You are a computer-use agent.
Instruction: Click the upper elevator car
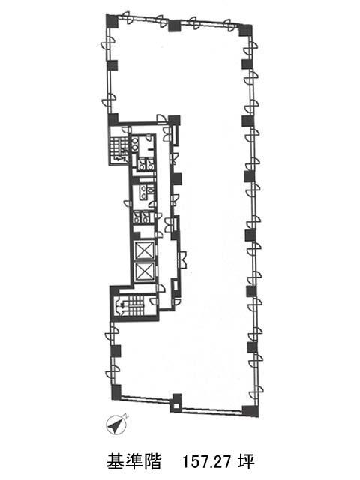click(x=145, y=250)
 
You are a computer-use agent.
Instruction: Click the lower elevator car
click(x=145, y=271)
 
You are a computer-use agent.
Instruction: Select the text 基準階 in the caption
click(x=133, y=462)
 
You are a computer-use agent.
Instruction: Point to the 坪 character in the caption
click(x=246, y=462)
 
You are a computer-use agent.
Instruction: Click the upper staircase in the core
click(x=118, y=149)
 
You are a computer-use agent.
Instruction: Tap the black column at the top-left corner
click(x=112, y=22)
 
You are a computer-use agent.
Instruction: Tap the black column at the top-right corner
click(x=245, y=30)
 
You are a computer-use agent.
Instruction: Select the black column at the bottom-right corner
click(x=250, y=410)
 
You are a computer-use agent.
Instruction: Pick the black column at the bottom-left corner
click(x=116, y=392)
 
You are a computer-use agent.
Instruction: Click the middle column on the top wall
click(x=175, y=25)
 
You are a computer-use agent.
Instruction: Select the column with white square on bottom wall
click(x=175, y=403)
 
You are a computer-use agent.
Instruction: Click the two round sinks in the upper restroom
click(x=135, y=144)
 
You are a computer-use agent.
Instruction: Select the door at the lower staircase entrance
click(x=154, y=301)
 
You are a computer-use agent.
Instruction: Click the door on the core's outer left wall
click(x=127, y=203)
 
